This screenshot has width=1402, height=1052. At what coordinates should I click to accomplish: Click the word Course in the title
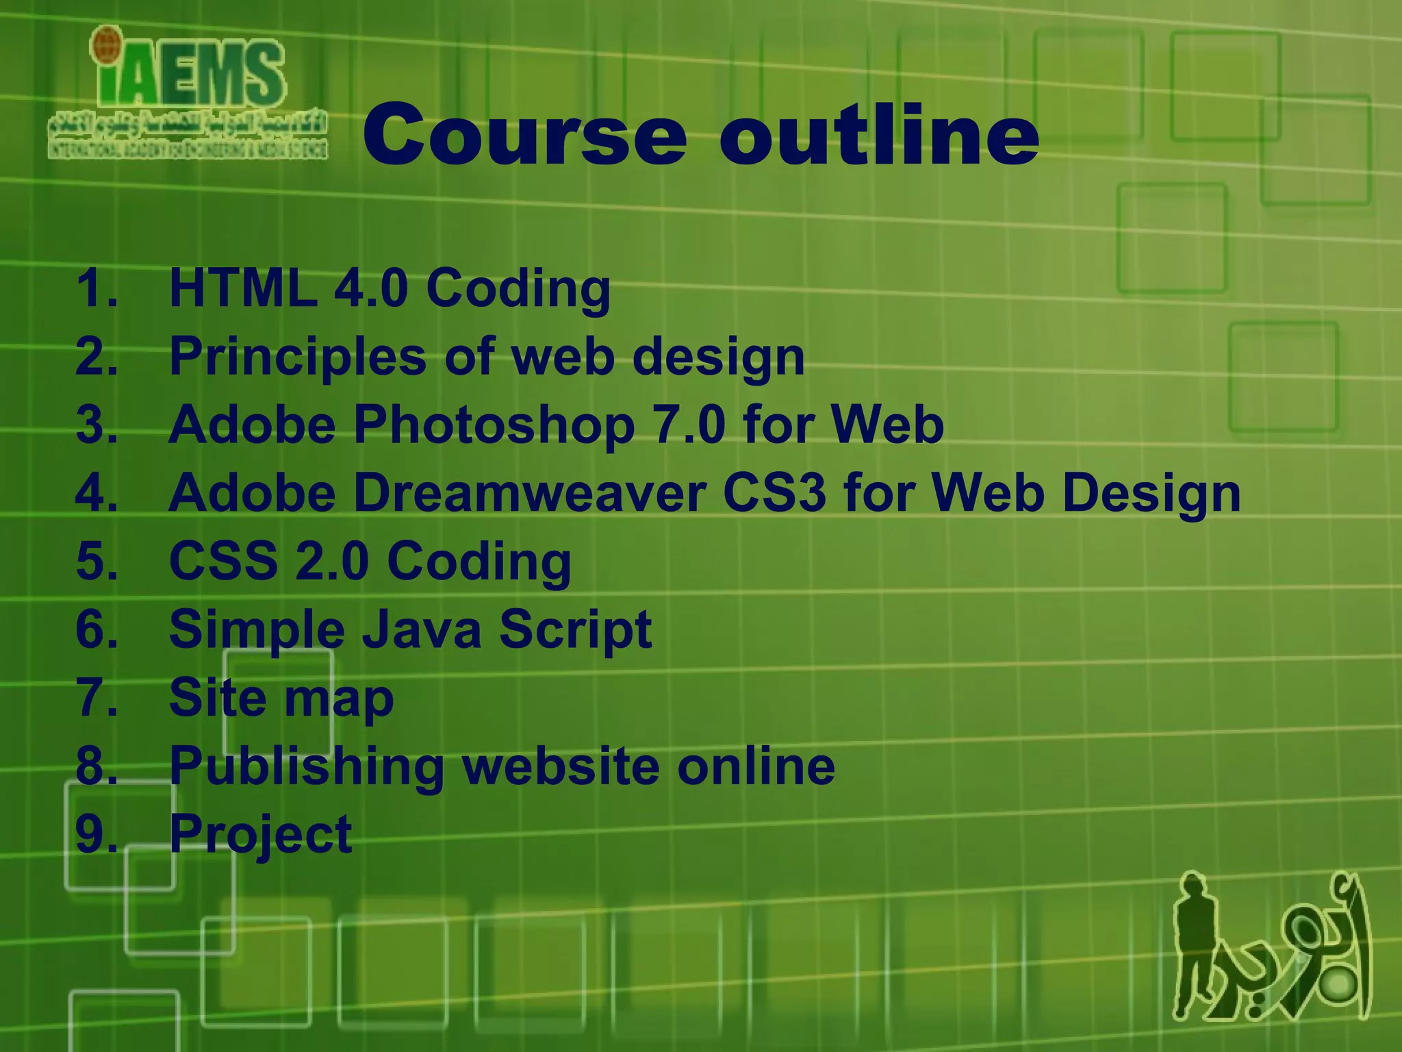[524, 135]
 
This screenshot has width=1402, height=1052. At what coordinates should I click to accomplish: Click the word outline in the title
[879, 135]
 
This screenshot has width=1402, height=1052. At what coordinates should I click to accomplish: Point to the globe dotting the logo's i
[105, 42]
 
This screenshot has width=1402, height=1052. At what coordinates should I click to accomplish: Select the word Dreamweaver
[531, 493]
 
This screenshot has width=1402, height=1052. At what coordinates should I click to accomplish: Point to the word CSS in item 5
[223, 561]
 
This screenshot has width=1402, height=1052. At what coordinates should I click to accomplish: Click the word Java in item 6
[422, 629]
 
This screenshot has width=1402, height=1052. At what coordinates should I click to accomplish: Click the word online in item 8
[756, 766]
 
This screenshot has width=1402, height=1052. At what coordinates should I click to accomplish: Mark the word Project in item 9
[260, 834]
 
